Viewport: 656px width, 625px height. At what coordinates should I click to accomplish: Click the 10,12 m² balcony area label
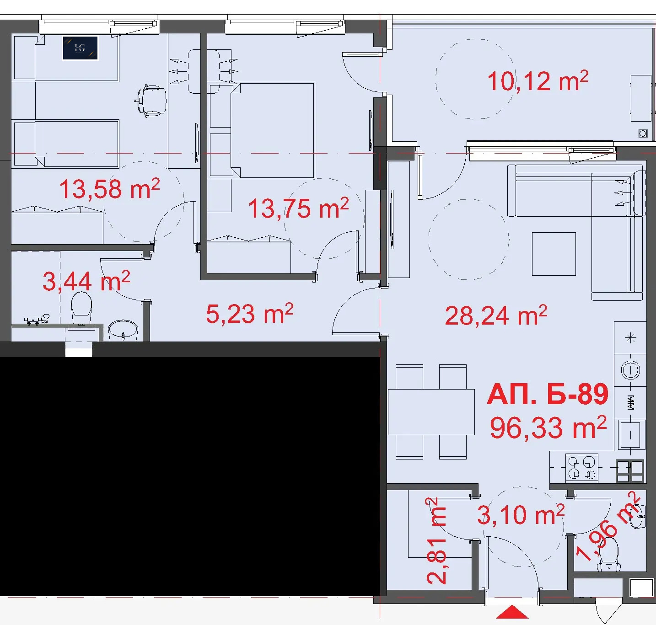(x=538, y=81)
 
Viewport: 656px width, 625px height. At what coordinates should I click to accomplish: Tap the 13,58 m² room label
(x=109, y=189)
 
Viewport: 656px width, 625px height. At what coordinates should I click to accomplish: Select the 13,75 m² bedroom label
(x=298, y=208)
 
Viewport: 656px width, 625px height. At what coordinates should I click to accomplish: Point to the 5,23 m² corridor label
(x=250, y=314)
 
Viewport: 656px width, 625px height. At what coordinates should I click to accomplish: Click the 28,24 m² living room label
(x=496, y=315)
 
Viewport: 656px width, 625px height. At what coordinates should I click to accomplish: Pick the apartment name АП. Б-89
(x=548, y=395)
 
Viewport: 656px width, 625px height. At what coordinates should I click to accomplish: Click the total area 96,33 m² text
(x=548, y=428)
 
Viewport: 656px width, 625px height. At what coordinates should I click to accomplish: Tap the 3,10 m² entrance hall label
(x=521, y=515)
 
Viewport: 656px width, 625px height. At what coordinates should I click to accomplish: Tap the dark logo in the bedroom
(x=81, y=48)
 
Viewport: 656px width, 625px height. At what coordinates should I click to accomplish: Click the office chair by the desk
(x=151, y=101)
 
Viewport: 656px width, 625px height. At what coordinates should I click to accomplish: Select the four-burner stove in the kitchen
(x=581, y=468)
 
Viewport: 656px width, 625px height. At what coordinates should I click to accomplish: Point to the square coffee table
(x=554, y=254)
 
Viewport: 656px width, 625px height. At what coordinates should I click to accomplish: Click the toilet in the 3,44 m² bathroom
(x=81, y=307)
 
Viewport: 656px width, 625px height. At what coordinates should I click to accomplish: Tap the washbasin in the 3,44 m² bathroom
(x=123, y=331)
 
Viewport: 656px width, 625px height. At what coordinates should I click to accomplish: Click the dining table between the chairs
(x=431, y=412)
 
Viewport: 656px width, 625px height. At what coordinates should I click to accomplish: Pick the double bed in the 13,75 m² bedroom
(x=272, y=130)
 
